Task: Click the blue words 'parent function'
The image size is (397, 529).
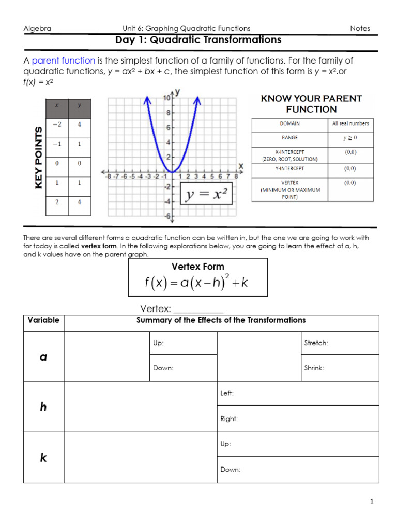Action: (63, 60)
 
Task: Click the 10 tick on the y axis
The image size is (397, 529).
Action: (167, 98)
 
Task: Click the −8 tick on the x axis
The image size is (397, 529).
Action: (109, 176)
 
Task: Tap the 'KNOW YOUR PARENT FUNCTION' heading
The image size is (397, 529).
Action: (311, 103)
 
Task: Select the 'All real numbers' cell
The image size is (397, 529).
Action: (350, 124)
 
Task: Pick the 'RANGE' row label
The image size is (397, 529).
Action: (289, 138)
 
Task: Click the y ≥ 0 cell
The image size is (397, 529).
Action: (350, 138)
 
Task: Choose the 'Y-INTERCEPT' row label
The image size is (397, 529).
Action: (289, 168)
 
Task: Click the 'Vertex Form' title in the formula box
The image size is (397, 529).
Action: (198, 267)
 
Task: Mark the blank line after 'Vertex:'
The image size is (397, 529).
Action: (198, 310)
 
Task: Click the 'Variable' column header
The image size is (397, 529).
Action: (43, 320)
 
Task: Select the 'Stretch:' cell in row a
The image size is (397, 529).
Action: (340, 343)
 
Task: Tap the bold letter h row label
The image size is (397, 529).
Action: (43, 407)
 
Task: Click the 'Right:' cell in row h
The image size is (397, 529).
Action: (297, 419)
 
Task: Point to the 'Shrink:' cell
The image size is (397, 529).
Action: (340, 368)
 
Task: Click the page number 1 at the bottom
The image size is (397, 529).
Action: (371, 501)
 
